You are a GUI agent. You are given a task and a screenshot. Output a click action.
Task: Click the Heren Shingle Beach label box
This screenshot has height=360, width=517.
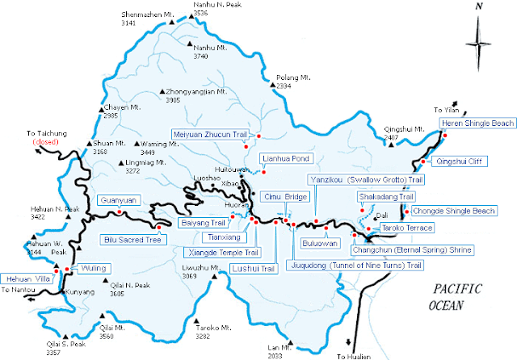point(477,123)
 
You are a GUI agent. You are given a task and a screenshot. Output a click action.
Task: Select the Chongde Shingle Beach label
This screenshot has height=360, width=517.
point(464,211)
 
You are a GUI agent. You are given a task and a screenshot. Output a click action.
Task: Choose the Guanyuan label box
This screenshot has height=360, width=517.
point(119,200)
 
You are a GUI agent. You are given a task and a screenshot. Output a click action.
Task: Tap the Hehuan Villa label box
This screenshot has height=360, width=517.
point(27,278)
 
